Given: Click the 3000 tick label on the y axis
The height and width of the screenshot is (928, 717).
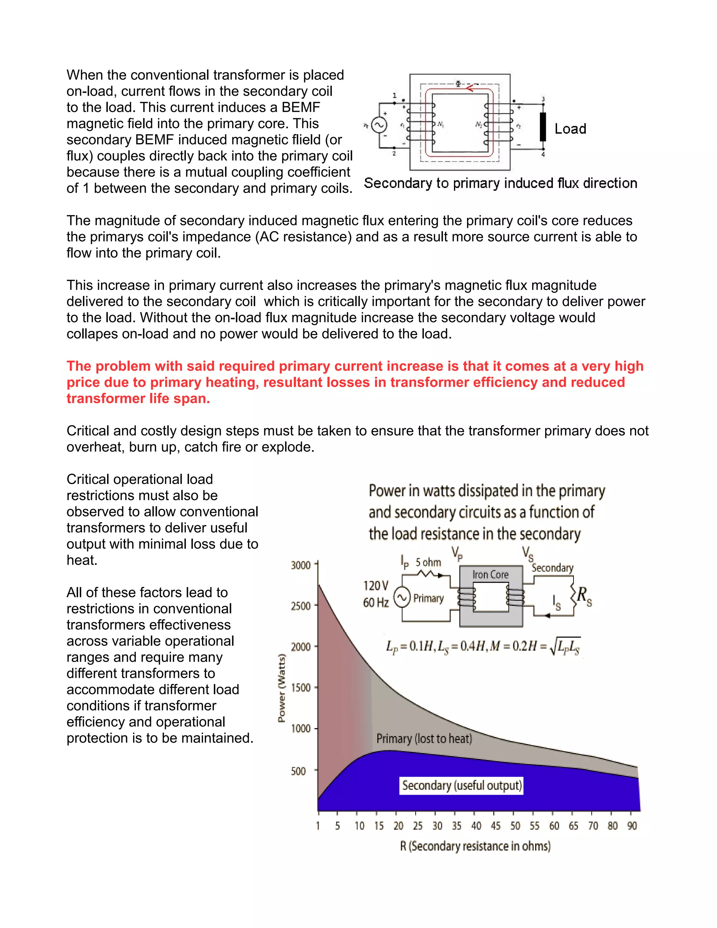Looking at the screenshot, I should pyautogui.click(x=301, y=565).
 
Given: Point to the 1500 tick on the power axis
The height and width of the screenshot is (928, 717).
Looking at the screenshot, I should pyautogui.click(x=301, y=687).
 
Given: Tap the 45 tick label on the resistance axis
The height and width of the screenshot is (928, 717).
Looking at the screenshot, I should pyautogui.click(x=496, y=826).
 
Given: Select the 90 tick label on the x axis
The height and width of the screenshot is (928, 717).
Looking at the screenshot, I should pyautogui.click(x=632, y=826).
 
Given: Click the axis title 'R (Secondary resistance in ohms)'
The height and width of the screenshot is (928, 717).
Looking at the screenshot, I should pyautogui.click(x=475, y=846).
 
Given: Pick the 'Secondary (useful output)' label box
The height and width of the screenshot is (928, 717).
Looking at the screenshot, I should pyautogui.click(x=462, y=785).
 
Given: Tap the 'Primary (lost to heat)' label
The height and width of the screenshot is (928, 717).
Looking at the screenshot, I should pyautogui.click(x=424, y=739).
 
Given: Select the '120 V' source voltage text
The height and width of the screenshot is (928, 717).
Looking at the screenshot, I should pyautogui.click(x=376, y=586).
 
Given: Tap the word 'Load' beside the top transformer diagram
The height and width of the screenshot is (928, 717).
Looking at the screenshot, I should pyautogui.click(x=570, y=129).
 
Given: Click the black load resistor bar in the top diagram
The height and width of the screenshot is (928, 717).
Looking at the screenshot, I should pyautogui.click(x=543, y=127).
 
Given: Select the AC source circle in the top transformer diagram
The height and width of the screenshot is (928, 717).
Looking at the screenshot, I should pyautogui.click(x=378, y=125).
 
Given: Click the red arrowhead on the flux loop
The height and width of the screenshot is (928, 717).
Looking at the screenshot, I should pyautogui.click(x=470, y=88).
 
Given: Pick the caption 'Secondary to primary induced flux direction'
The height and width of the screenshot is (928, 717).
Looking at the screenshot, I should pyautogui.click(x=500, y=183).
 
